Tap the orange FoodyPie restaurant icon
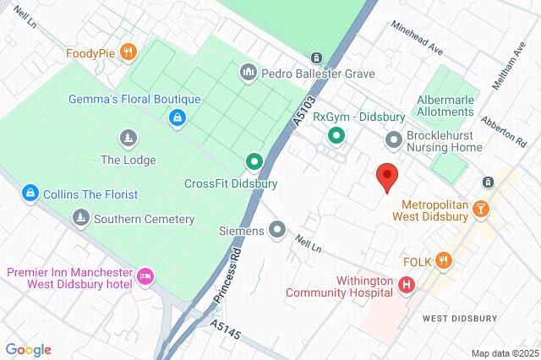pyautogui.click(x=128, y=52)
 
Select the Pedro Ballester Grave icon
pyautogui.click(x=248, y=73)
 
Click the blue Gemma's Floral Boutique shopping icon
pyautogui.click(x=177, y=117)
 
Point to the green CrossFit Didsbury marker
pyautogui.click(x=253, y=161)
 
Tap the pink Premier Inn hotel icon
pyautogui.click(x=146, y=275)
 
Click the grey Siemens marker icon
pyautogui.click(x=277, y=229)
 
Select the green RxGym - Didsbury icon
pyautogui.click(x=336, y=135)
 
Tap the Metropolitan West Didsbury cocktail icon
pyautogui.click(x=481, y=206)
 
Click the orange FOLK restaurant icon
pyautogui.click(x=442, y=262)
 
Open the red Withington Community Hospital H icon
pyautogui.click(x=407, y=285)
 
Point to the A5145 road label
pyautogui.click(x=226, y=330)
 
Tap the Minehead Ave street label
pyautogui.click(x=417, y=39)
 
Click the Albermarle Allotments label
pyautogui.click(x=450, y=106)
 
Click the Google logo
pyautogui.click(x=28, y=350)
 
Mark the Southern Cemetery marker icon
pyautogui.click(x=80, y=219)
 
